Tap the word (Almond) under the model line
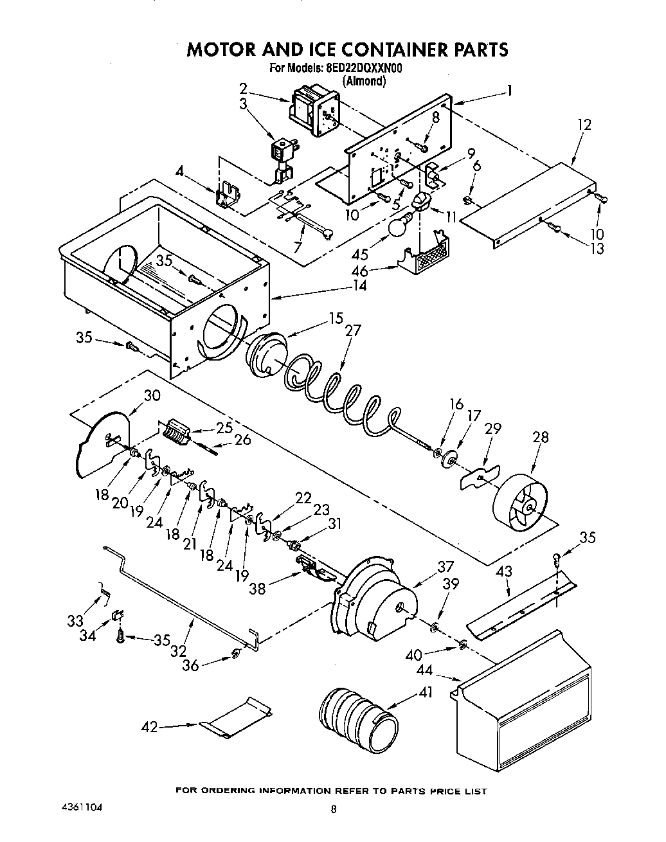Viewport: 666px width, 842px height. pyautogui.click(x=364, y=81)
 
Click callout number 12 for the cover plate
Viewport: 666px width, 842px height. pyautogui.click(x=584, y=124)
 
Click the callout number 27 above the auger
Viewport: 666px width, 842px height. pyautogui.click(x=352, y=330)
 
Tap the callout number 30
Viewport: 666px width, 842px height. pyautogui.click(x=152, y=395)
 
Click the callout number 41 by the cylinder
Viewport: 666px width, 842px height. pyautogui.click(x=426, y=692)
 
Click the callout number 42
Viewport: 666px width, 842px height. pyautogui.click(x=149, y=727)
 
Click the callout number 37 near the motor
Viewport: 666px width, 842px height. pyautogui.click(x=446, y=566)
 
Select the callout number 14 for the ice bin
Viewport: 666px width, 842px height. pyautogui.click(x=360, y=285)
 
